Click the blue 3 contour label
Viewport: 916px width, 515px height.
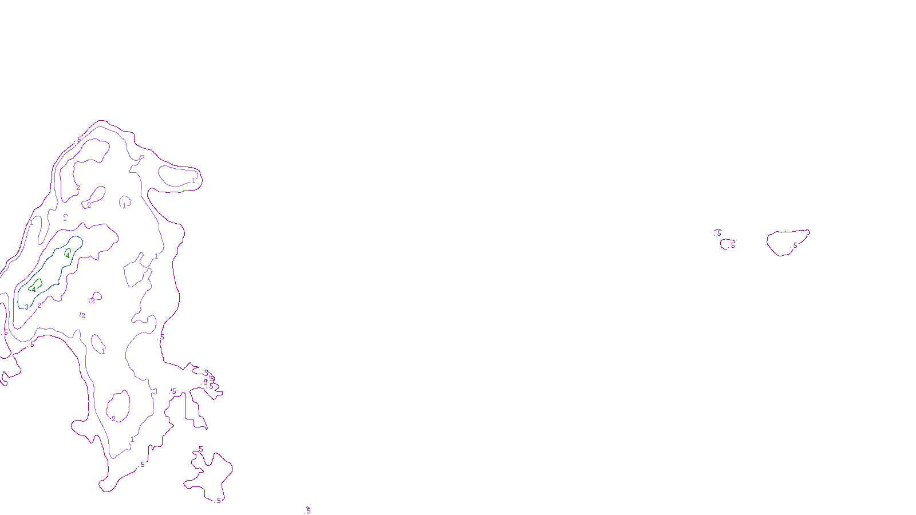pos(26,307)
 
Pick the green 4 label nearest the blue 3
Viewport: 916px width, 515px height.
pos(34,290)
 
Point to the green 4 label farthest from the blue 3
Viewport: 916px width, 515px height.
pos(67,256)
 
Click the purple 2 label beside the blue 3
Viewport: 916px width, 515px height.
pos(39,306)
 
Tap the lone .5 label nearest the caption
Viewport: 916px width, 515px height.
pos(308,510)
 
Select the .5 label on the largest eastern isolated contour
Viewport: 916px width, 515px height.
pos(795,245)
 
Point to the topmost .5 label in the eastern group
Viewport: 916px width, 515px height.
pos(719,233)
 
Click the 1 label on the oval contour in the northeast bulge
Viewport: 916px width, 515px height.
pos(194,180)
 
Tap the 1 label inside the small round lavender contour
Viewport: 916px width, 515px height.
pos(124,206)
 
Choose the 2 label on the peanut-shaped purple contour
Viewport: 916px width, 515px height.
pos(89,205)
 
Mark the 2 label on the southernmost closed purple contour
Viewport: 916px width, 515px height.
pos(113,419)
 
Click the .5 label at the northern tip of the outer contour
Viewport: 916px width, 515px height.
pos(79,139)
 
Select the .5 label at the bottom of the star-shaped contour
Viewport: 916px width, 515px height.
pos(218,501)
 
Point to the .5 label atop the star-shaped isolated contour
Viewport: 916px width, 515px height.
pos(200,449)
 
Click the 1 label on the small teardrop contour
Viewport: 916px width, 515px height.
pos(103,351)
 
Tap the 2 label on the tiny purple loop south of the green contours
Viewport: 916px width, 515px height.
pos(93,301)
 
